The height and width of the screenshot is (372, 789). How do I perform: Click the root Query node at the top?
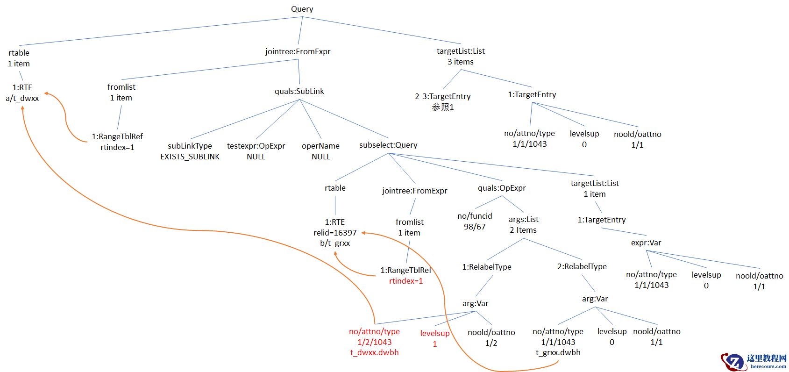click(302, 9)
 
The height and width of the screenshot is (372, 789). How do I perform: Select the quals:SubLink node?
click(299, 91)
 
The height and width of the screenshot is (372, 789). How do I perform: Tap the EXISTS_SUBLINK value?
click(190, 157)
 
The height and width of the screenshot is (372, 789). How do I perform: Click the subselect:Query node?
click(388, 145)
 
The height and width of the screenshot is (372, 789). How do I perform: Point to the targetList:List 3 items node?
click(461, 56)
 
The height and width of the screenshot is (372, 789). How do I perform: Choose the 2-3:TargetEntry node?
click(442, 96)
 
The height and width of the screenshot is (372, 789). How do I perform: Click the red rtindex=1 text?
click(405, 281)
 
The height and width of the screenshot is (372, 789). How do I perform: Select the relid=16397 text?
click(335, 232)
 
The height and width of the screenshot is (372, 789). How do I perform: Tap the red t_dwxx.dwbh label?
click(374, 352)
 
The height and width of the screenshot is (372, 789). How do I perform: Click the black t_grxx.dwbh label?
click(558, 352)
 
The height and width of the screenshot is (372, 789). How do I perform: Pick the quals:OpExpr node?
click(502, 188)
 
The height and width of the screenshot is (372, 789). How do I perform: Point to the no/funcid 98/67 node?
click(475, 221)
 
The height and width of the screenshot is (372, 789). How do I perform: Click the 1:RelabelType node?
click(487, 267)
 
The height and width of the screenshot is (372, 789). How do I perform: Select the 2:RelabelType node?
click(582, 266)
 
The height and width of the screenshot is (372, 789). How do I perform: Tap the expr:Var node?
click(646, 243)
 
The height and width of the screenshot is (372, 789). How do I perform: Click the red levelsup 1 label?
click(434, 338)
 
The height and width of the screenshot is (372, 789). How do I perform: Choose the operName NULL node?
click(320, 151)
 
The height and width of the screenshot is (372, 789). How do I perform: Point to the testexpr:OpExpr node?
click(256, 146)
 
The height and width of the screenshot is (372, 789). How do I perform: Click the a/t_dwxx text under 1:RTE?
click(22, 98)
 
